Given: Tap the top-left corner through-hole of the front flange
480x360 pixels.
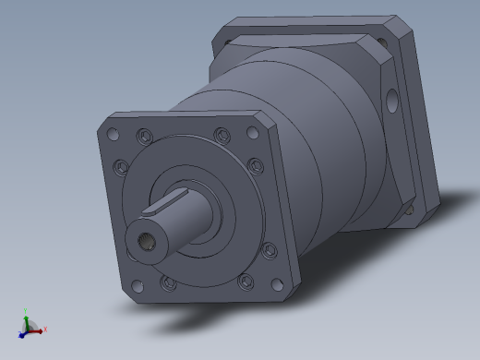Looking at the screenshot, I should (x=113, y=135).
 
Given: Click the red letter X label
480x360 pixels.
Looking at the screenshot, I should (x=44, y=329).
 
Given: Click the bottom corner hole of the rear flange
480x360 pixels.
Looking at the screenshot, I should (x=409, y=209).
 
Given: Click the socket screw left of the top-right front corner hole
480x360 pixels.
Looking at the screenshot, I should (x=222, y=137).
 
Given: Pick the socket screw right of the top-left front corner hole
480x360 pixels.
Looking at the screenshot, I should (x=143, y=137).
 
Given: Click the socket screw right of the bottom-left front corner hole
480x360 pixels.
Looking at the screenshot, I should (x=166, y=282).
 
